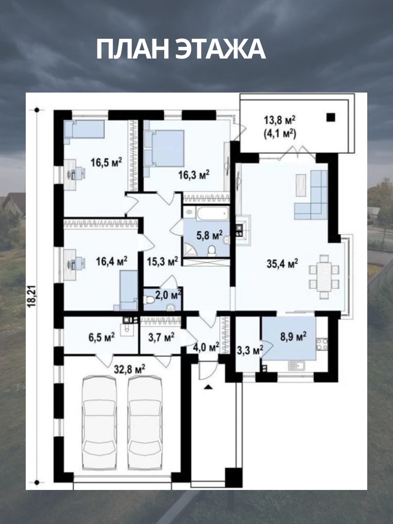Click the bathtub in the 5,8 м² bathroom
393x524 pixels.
212,214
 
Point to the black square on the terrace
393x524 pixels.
331,117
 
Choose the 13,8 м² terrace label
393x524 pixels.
279,121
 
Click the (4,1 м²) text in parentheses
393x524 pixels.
279,134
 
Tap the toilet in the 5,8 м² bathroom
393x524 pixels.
211,251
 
